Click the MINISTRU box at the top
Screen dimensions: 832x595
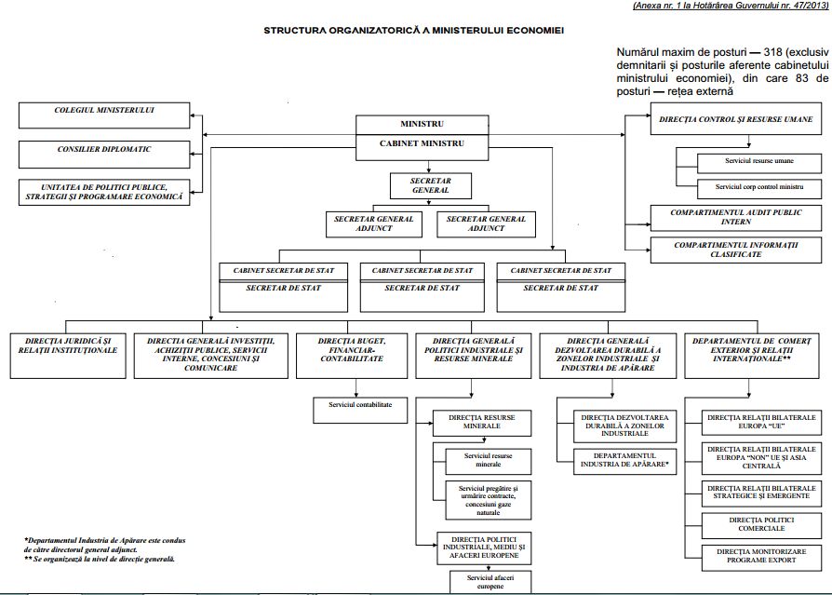click(x=422, y=124)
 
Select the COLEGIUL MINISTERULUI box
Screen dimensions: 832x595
click(x=104, y=115)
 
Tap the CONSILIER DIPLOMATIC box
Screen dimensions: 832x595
click(x=104, y=155)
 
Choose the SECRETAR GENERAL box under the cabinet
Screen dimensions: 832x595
click(x=430, y=185)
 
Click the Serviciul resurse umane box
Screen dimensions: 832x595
click(x=759, y=164)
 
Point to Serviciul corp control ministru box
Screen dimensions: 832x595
click(x=759, y=189)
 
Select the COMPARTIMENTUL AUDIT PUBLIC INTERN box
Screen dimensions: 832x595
click(x=736, y=218)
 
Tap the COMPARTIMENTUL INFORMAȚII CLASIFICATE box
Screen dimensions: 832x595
click(x=736, y=250)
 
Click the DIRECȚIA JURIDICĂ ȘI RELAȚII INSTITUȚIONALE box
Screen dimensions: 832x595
click(x=68, y=356)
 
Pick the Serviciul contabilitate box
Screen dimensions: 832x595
click(x=360, y=411)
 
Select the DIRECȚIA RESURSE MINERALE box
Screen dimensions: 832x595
click(x=482, y=423)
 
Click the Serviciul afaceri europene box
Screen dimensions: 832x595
click(x=490, y=582)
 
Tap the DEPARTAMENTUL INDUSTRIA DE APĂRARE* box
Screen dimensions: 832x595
click(x=624, y=461)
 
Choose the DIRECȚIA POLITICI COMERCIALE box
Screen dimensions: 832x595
click(x=761, y=525)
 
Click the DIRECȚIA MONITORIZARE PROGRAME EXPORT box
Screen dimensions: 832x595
click(x=761, y=558)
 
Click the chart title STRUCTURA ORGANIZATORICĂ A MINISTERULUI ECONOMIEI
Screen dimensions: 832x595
click(x=414, y=31)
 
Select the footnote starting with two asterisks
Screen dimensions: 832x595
click(x=100, y=559)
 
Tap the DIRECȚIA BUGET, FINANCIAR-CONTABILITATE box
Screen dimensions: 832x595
click(x=352, y=356)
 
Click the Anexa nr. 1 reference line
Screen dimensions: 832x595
click(x=731, y=6)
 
